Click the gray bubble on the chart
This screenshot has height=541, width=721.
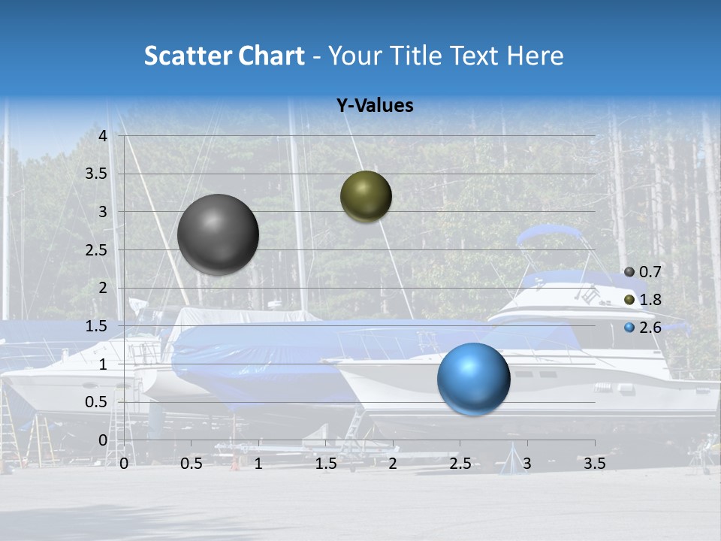click(219, 234)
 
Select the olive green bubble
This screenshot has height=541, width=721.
click(366, 196)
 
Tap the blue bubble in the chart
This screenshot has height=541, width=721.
click(474, 379)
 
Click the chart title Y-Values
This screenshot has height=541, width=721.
click(374, 106)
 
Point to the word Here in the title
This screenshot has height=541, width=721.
click(535, 56)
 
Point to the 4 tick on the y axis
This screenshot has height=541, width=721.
click(102, 136)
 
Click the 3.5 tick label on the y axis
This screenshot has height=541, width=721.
click(97, 174)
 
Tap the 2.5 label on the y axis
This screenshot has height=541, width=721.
click(97, 250)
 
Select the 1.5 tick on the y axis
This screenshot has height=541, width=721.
click(97, 326)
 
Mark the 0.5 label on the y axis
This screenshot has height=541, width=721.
click(97, 402)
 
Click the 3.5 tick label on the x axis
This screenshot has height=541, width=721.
click(594, 464)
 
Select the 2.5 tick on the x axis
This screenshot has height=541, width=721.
click(460, 464)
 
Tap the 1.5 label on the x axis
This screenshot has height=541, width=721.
click(325, 464)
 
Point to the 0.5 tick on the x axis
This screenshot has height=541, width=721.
click(191, 464)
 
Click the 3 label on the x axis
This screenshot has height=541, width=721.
click(527, 464)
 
